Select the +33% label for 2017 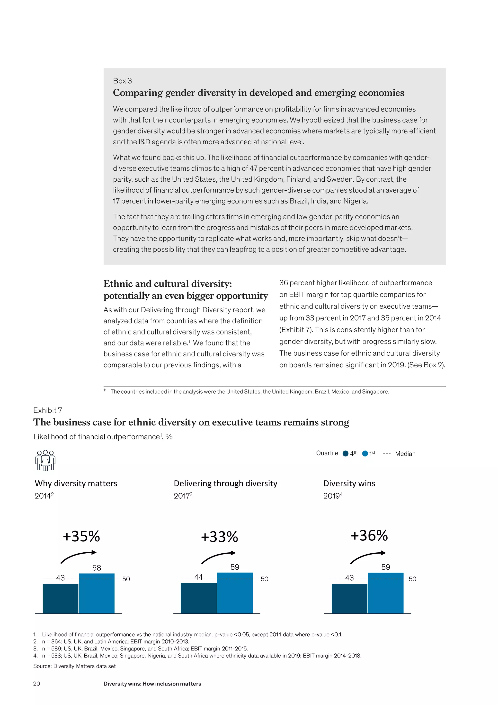(x=219, y=537)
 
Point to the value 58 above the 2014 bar (x=97, y=568)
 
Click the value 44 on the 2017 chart (x=198, y=577)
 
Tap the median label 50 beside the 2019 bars (x=412, y=579)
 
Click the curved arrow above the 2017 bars (x=218, y=557)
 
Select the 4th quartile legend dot (x=345, y=454)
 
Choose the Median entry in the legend (x=405, y=454)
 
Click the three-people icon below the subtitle (x=45, y=460)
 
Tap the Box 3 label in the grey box (x=122, y=81)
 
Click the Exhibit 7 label (x=47, y=410)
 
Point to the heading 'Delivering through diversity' (x=225, y=483)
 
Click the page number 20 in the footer (x=36, y=684)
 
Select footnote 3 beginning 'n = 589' (x=145, y=649)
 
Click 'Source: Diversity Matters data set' (x=74, y=666)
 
